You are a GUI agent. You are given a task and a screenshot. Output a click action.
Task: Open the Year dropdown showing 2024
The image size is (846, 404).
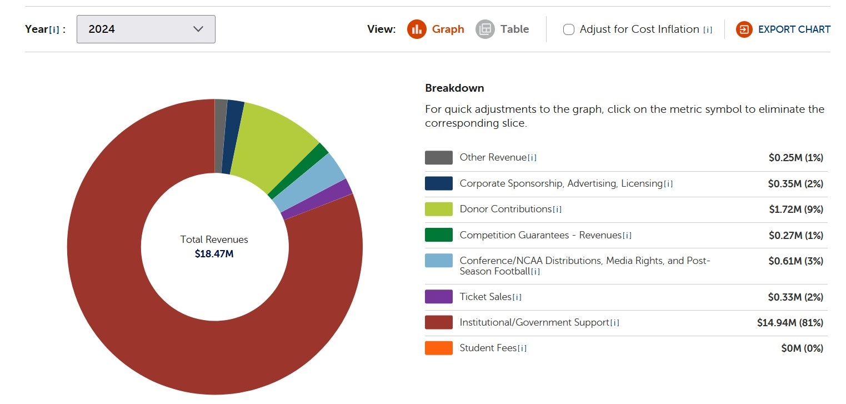tap(146, 29)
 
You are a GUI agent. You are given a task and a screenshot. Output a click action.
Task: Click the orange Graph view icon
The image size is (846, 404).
tap(416, 29)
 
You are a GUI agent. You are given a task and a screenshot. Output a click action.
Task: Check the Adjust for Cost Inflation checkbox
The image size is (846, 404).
tap(568, 29)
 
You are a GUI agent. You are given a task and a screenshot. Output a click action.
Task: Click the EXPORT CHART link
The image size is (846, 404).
tap(783, 29)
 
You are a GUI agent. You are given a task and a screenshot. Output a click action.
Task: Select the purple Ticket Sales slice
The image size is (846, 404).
tap(323, 199)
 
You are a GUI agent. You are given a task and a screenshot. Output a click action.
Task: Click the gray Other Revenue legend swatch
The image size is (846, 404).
tap(438, 158)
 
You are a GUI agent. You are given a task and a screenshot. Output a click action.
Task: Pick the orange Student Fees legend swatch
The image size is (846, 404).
tap(438, 348)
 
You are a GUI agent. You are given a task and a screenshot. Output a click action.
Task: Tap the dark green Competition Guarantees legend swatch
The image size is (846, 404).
tap(438, 235)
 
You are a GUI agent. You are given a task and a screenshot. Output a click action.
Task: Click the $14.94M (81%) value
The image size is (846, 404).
tap(789, 322)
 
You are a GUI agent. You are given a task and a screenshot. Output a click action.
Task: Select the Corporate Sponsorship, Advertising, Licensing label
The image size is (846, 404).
tap(561, 183)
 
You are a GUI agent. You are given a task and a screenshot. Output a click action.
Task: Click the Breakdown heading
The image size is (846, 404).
tap(454, 88)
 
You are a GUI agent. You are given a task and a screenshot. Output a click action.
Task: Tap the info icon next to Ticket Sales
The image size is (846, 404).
tap(517, 297)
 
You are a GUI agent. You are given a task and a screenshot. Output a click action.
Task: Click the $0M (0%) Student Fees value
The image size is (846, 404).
tap(802, 348)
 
